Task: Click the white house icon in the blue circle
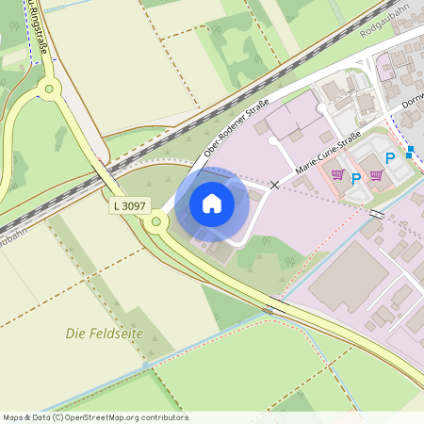click(212, 204)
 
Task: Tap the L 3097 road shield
click(129, 204)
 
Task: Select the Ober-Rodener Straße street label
click(236, 128)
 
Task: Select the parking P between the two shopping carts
click(357, 177)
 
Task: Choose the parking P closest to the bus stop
click(389, 159)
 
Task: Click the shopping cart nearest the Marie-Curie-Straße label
click(336, 175)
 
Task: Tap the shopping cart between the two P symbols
click(376, 175)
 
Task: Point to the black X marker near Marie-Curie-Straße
click(275, 186)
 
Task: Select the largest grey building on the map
click(349, 278)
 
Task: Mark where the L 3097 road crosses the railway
click(106, 170)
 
